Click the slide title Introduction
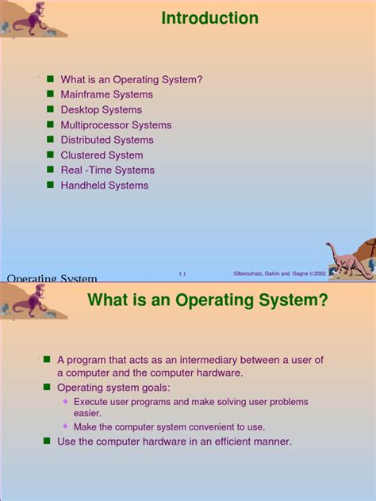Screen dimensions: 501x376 coord(209,18)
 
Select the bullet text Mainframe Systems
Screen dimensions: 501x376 coord(106,94)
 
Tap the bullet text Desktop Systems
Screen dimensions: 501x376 coord(101,109)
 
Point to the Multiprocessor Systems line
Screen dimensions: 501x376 coord(116,124)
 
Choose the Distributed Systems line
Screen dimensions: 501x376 coord(107,140)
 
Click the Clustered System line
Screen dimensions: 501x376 coord(102,155)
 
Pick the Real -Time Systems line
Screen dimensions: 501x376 coord(107,170)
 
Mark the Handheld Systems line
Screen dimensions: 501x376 coord(104,185)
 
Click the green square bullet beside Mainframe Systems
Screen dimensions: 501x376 coord(50,94)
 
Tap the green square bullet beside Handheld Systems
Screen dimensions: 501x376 coord(50,185)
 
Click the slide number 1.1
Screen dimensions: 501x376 coord(182,273)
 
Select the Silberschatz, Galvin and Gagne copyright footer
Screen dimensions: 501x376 coord(279,273)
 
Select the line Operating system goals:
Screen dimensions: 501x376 coord(113,387)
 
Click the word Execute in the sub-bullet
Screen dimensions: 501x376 coord(92,402)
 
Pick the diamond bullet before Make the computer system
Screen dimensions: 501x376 coord(66,426)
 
